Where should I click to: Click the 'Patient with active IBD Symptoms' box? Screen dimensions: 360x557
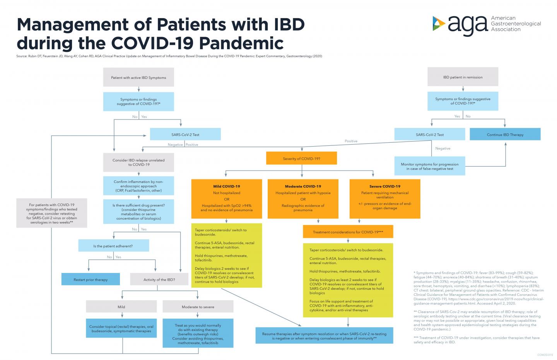point(138,77)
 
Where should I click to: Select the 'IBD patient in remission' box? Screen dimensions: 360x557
point(463,77)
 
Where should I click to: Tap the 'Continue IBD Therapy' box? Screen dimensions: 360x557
point(505,135)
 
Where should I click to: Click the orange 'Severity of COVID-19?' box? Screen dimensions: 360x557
point(301,158)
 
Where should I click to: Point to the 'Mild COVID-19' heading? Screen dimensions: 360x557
point(227,186)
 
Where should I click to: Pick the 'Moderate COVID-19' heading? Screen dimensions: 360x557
point(303,186)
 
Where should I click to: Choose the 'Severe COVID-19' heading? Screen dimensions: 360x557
point(384,186)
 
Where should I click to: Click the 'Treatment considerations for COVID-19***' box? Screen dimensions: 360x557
point(348,232)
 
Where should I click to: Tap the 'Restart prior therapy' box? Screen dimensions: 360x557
point(91,280)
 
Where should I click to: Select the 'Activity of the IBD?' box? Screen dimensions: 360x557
point(159,280)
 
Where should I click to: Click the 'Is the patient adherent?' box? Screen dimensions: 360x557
point(113,246)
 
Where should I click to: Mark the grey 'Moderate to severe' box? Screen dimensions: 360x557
point(198,307)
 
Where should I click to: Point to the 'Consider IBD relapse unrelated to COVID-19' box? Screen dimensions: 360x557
point(138,162)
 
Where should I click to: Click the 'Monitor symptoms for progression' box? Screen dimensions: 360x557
point(429,166)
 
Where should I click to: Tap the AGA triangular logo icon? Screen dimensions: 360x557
point(438,23)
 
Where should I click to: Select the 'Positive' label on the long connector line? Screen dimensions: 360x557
point(351,141)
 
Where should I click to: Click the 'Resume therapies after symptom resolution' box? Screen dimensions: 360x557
point(324,336)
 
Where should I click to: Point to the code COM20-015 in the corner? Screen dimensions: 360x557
point(545,354)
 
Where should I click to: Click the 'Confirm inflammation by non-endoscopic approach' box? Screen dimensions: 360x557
point(138,186)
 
